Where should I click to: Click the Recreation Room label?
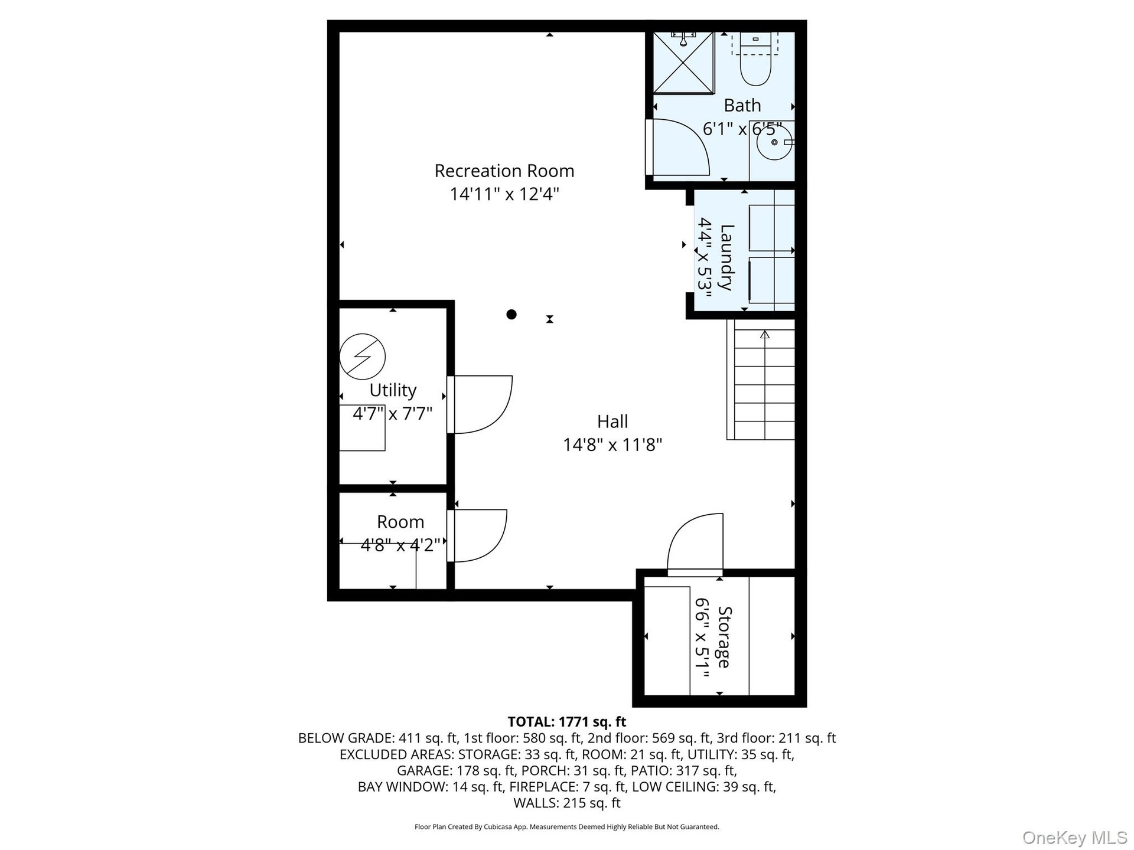pos(504,171)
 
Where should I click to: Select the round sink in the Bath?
pos(774,142)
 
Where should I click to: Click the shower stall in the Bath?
pos(683,63)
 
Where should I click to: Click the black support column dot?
pos(511,315)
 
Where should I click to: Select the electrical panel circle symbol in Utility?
pos(363,357)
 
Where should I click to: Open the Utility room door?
pos(480,404)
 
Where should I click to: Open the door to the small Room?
pos(477,535)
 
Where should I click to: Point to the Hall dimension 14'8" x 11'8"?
pos(612,444)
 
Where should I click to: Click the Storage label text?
pos(724,637)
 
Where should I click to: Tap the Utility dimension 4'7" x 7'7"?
pos(393,413)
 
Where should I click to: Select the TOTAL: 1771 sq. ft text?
pos(567,721)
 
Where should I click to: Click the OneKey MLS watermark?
pos(1075,838)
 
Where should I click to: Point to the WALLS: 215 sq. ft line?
pos(567,803)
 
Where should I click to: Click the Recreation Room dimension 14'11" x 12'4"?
pos(504,194)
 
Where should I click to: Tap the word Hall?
pos(612,421)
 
